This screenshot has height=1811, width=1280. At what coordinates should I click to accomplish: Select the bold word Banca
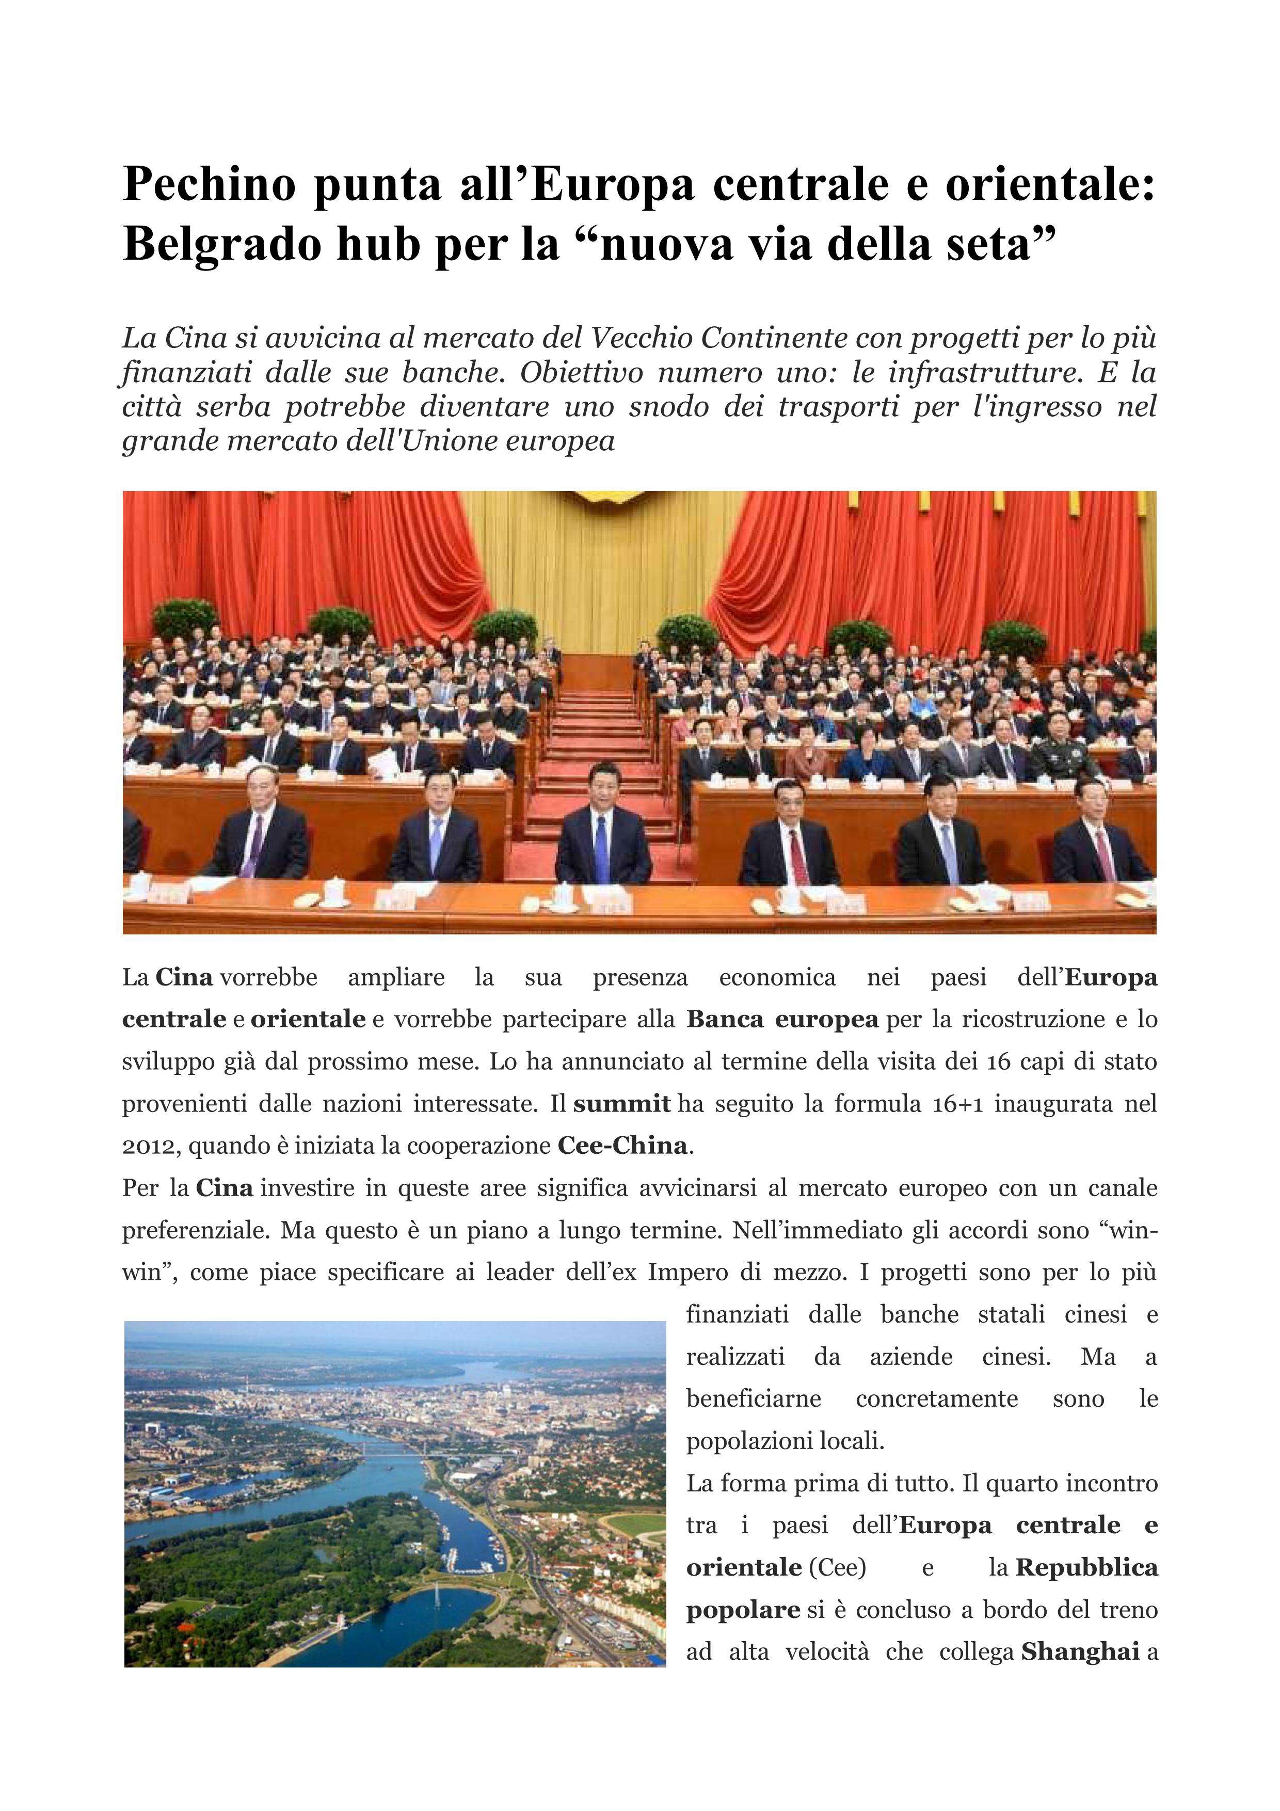(725, 1019)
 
